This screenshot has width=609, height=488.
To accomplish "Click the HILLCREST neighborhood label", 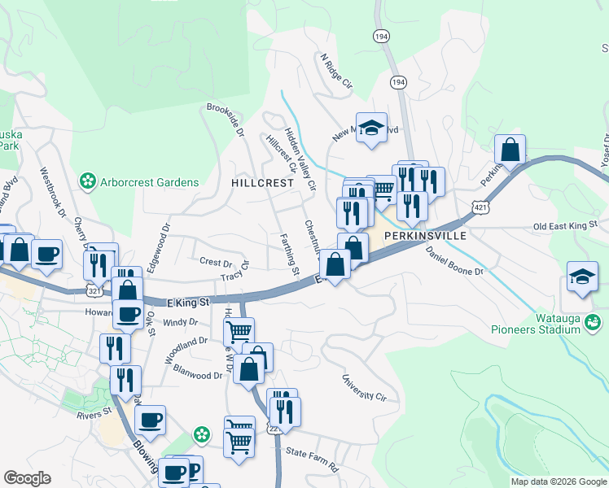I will point(261,184).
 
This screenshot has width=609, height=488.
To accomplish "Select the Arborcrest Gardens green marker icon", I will point(87,181).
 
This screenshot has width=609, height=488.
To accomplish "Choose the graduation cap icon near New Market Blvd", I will point(372,129).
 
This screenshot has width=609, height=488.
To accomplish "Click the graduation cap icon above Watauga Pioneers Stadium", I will point(582,277).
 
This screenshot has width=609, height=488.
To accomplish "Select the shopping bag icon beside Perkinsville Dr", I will point(510,150).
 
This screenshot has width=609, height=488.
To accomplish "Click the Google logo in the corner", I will point(27,478).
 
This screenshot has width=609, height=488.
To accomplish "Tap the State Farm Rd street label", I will point(310,459).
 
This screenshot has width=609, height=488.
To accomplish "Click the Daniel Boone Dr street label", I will point(454,260).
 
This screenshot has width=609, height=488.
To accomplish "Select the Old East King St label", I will point(564,224).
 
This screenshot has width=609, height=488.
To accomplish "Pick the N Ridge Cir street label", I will point(336,72).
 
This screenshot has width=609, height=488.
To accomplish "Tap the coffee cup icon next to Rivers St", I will point(150,420).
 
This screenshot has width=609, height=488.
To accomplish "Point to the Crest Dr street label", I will point(216,262).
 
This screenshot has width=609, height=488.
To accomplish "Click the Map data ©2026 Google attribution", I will point(559,481).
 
